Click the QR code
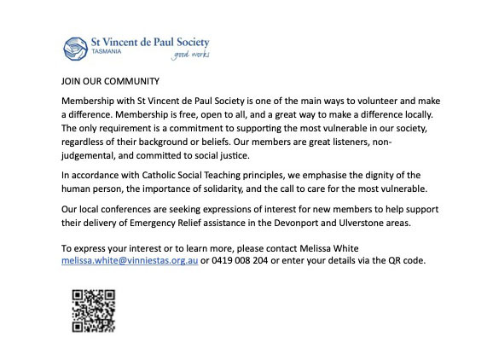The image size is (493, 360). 94,311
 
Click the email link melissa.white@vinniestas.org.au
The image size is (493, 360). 130,260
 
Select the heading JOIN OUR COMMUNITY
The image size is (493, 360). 110,81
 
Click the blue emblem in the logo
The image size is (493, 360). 76,44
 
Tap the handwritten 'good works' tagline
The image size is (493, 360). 190,55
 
